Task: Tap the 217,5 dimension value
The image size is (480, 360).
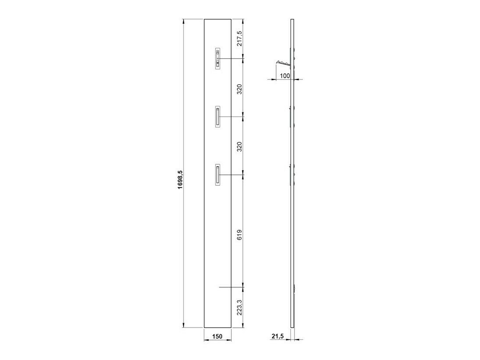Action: tap(239, 39)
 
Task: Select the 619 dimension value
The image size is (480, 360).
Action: tap(239, 235)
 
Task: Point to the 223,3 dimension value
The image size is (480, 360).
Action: tap(239, 307)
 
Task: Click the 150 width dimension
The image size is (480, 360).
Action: tap(217, 336)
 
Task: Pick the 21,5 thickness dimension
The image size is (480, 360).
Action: tap(277, 336)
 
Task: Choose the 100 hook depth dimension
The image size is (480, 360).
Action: tap(284, 75)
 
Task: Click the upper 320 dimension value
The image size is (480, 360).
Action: tap(239, 89)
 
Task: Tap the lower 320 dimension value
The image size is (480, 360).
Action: tap(239, 146)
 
